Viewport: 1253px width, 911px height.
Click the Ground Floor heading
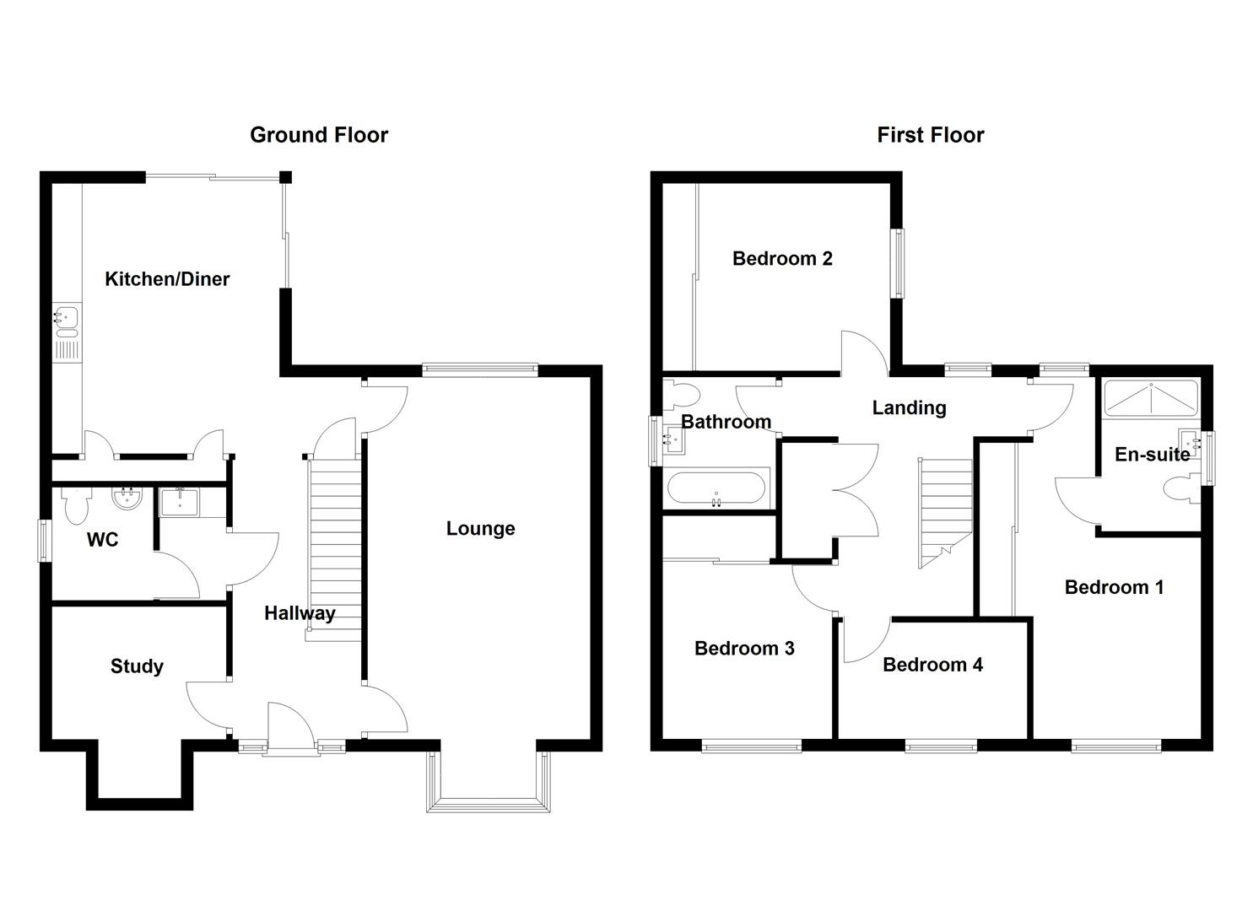(x=319, y=135)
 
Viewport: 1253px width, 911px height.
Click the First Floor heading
(x=930, y=135)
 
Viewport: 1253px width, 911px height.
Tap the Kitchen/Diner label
(x=167, y=279)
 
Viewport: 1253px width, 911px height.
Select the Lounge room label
(x=480, y=529)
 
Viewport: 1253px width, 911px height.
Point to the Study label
(x=137, y=666)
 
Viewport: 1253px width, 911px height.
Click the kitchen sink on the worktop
(x=66, y=317)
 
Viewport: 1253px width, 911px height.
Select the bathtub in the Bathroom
(x=716, y=488)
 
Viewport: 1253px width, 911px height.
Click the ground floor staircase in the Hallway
(x=335, y=548)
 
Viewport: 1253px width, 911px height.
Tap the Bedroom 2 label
(x=782, y=259)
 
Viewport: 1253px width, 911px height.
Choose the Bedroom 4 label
(x=932, y=665)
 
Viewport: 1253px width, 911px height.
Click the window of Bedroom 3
(x=752, y=746)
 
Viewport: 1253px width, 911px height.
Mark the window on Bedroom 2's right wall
(x=899, y=263)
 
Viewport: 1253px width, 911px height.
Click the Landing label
(x=909, y=408)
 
